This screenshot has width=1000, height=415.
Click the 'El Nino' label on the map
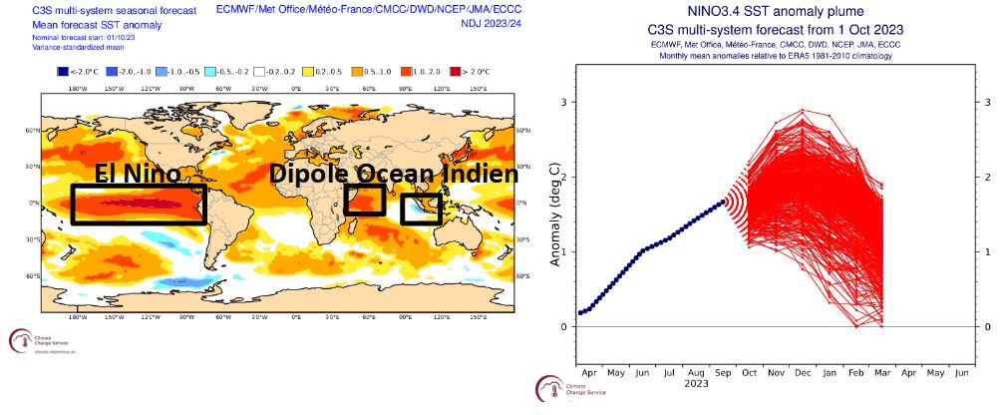138,174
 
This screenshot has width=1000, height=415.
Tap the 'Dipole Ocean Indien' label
394,174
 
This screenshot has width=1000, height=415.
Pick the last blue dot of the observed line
722,203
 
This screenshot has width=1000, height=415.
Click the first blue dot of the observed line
579,313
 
